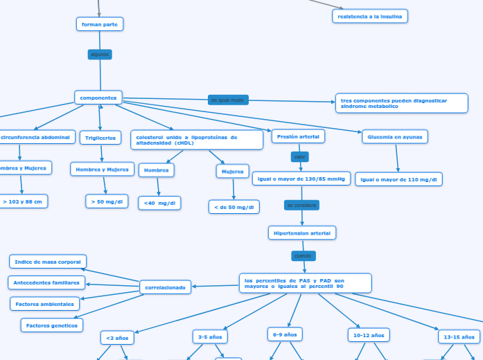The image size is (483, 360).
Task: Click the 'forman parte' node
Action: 100,24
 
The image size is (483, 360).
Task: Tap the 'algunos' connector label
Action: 100,54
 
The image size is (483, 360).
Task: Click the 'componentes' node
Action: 98,98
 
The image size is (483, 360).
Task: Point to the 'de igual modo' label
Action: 228,100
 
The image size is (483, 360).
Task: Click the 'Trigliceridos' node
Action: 100,138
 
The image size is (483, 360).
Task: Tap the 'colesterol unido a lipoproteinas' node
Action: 197,140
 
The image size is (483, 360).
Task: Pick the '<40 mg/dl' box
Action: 160,203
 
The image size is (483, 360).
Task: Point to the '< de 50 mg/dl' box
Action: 234,206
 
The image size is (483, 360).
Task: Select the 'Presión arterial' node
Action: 298,136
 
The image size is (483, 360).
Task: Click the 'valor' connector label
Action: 299,157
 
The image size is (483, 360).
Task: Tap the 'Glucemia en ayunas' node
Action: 395,136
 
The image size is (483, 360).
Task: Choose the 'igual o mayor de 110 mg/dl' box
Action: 399,179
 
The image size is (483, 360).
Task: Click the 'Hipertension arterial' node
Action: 302,233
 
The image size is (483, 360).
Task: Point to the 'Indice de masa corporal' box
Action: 48,261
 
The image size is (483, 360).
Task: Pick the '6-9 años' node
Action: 285,334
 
